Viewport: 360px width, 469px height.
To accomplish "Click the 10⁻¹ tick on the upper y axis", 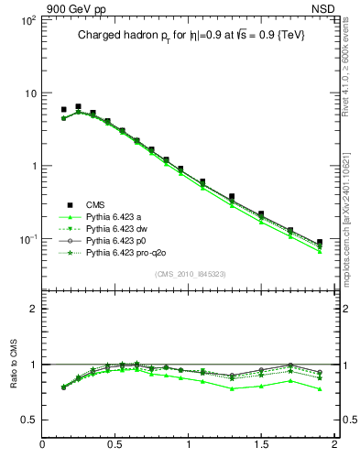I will [x=28, y=238].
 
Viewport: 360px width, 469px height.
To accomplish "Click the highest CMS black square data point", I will [x=78, y=107].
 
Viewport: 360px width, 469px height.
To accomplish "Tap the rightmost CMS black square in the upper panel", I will [x=319, y=243].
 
